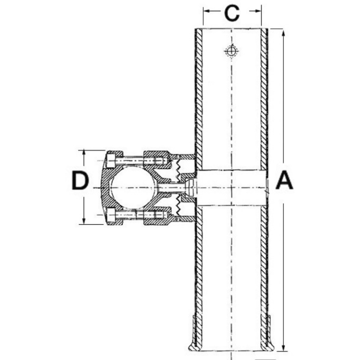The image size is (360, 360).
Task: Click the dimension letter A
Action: point(284,180)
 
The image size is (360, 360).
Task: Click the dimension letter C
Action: point(232,13)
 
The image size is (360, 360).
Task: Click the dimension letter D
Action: point(80,180)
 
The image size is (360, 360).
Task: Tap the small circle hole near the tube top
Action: point(232,51)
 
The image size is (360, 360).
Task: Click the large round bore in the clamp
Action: point(134,187)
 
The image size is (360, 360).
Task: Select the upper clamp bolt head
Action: point(111,160)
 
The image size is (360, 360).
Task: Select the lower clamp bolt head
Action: point(111,215)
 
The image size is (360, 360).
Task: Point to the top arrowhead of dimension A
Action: point(284,34)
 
